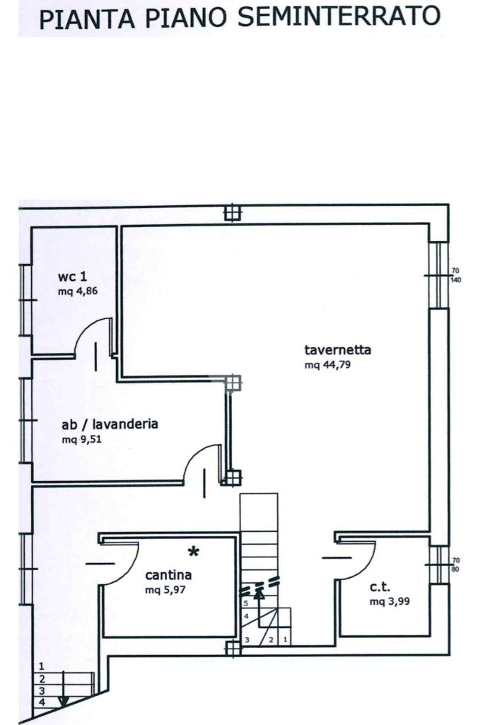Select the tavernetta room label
[x=338, y=349]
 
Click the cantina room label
[x=168, y=574]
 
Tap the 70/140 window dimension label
[x=456, y=275]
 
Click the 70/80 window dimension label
[x=456, y=564]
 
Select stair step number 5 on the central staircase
[x=245, y=603]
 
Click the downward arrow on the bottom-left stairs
[x=64, y=700]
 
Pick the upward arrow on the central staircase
[x=259, y=595]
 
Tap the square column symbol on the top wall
[x=232, y=213]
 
